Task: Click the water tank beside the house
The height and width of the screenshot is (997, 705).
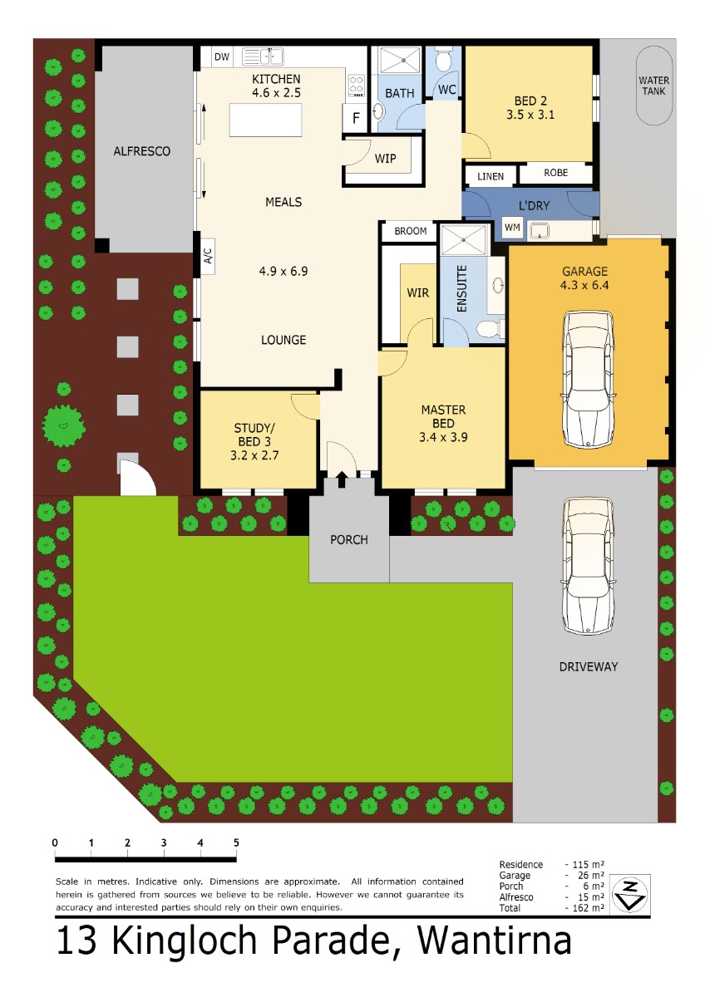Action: (x=653, y=86)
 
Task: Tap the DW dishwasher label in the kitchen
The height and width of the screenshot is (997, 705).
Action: (x=222, y=56)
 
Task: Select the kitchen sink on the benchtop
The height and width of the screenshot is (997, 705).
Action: (x=263, y=56)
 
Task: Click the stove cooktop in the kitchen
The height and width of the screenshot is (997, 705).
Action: (x=357, y=85)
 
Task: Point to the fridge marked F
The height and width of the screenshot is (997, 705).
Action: (x=355, y=117)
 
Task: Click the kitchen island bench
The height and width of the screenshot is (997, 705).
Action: (x=265, y=120)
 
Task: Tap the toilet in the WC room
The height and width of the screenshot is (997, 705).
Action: (x=443, y=59)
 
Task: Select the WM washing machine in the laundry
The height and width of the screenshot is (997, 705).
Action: (x=512, y=228)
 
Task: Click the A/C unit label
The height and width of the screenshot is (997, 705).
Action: (x=208, y=256)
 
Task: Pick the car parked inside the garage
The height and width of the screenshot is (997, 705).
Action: (x=588, y=379)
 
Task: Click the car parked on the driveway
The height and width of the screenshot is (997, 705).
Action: (x=588, y=565)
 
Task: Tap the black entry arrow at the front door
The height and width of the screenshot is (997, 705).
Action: (x=342, y=479)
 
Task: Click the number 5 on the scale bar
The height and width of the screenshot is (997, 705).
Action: (x=236, y=842)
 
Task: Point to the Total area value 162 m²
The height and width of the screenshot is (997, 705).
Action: (x=588, y=908)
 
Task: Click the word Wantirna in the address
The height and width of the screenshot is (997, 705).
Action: (x=494, y=941)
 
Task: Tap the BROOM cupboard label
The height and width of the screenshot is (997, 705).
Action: (x=410, y=231)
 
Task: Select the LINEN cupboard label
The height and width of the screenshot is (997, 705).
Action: (x=491, y=177)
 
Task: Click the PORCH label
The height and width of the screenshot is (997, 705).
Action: (x=348, y=540)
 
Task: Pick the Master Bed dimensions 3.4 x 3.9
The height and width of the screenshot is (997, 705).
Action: (x=443, y=438)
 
